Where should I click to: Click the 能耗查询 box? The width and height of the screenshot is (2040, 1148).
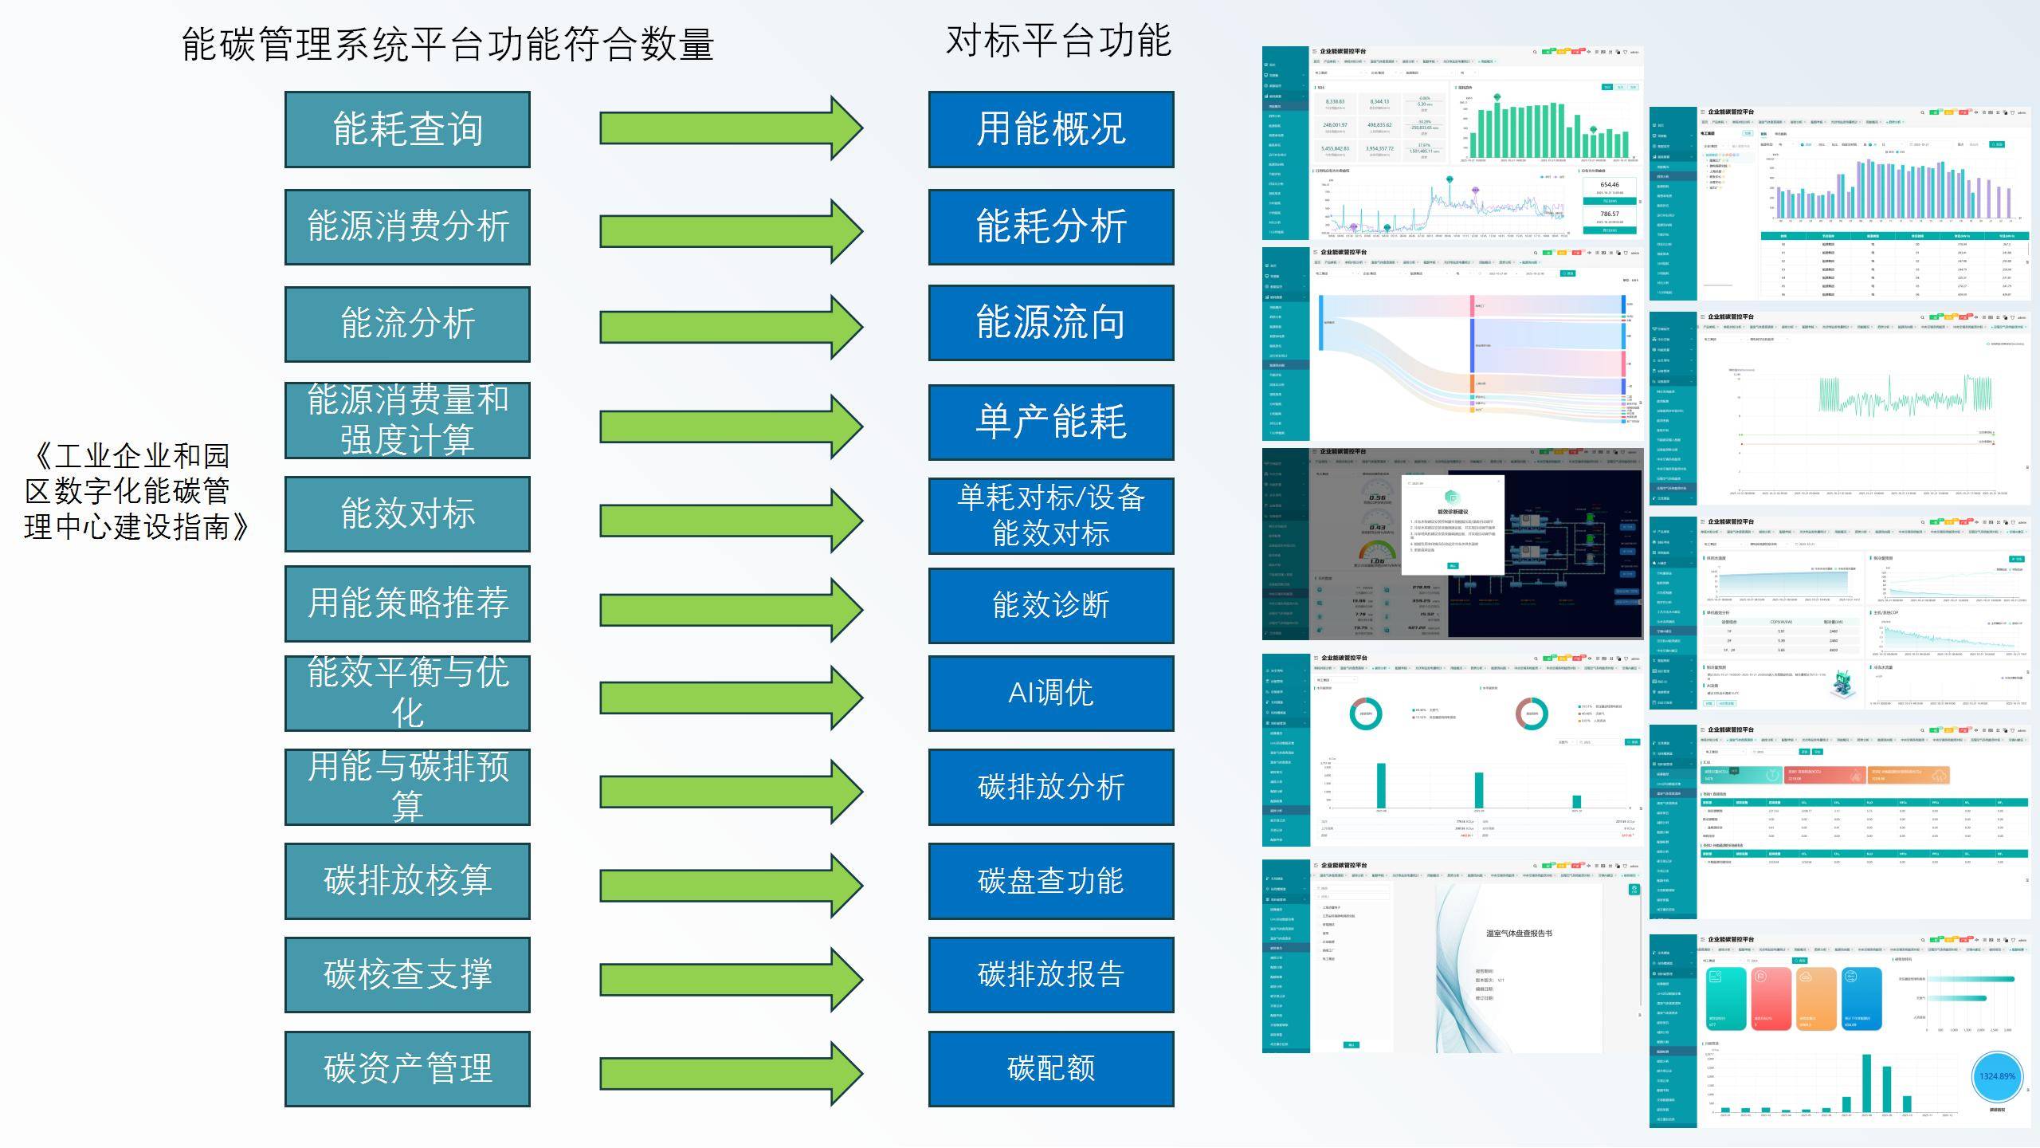pyautogui.click(x=407, y=129)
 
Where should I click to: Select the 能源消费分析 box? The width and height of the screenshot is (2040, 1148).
pyautogui.click(x=407, y=226)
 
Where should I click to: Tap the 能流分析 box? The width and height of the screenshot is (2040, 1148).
pyautogui.click(x=407, y=324)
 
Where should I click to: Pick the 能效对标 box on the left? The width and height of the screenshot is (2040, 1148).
pyautogui.click(x=407, y=513)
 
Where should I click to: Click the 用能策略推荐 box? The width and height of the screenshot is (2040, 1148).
pyautogui.click(x=407, y=603)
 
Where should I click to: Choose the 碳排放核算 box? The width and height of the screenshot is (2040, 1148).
pyautogui.click(x=407, y=880)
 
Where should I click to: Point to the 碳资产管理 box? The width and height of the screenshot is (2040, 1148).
pyautogui.click(x=407, y=1068)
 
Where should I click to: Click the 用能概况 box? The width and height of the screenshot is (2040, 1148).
pyautogui.click(x=1050, y=129)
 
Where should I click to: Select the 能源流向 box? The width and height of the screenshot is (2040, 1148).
pyautogui.click(x=1050, y=322)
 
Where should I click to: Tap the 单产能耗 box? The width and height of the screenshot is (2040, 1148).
pyautogui.click(x=1050, y=422)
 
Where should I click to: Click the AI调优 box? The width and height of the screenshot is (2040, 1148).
pyautogui.click(x=1050, y=693)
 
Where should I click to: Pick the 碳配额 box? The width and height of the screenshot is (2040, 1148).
pyautogui.click(x=1050, y=1068)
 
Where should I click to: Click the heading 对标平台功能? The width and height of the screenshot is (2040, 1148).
pyautogui.click(x=1058, y=41)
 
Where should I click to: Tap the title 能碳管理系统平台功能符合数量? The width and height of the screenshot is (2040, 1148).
pyautogui.click(x=447, y=44)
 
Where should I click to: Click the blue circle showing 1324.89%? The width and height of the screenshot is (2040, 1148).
pyautogui.click(x=1997, y=1076)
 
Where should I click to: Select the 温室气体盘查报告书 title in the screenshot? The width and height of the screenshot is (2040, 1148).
pyautogui.click(x=1519, y=933)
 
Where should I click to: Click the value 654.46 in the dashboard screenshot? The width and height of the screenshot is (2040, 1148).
pyautogui.click(x=1610, y=185)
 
